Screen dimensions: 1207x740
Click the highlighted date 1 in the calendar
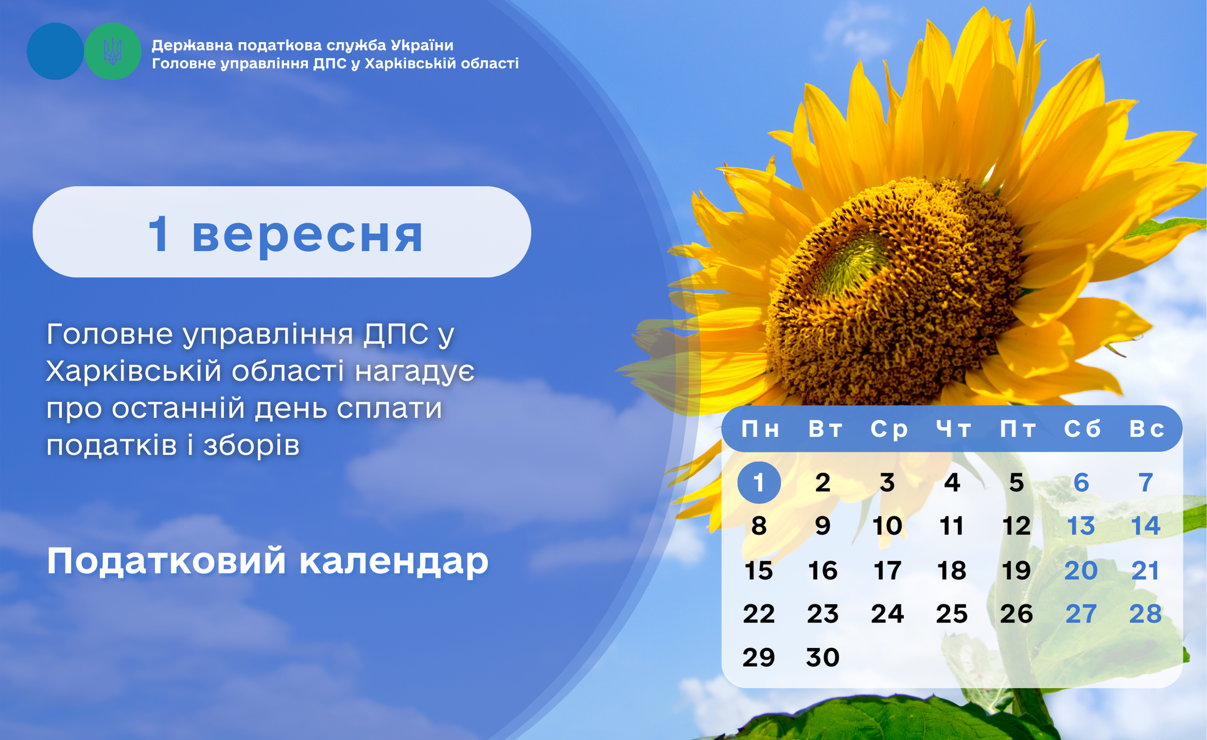click(x=758, y=483)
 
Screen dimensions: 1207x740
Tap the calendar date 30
click(x=823, y=657)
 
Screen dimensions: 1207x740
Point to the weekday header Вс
click(x=1146, y=428)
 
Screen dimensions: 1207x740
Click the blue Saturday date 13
click(x=1080, y=526)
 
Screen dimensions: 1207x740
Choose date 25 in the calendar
click(x=952, y=613)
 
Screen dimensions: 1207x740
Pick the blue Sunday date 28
click(x=1145, y=613)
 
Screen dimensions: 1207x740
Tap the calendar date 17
click(x=887, y=570)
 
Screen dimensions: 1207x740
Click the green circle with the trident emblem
click(x=112, y=51)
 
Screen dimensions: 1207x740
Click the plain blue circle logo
click(x=55, y=51)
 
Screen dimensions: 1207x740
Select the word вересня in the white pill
click(x=307, y=235)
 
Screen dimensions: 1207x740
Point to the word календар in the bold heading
click(x=393, y=561)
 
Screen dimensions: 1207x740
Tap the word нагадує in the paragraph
click(x=415, y=372)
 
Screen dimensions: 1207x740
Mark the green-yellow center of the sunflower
click(x=855, y=262)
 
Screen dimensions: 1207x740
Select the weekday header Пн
click(x=760, y=428)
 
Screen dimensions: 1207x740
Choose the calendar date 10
click(x=887, y=526)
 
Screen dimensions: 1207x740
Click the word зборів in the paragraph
click(x=251, y=445)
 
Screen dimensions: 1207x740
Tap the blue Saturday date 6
click(x=1081, y=483)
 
